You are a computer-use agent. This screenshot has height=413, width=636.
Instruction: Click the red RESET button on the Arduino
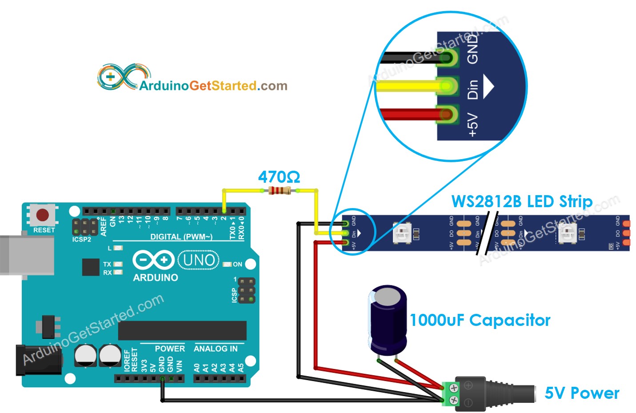tap(43, 215)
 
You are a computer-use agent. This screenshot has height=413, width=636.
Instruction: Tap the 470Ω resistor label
tap(279, 177)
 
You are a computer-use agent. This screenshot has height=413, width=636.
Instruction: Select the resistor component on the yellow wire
tap(280, 191)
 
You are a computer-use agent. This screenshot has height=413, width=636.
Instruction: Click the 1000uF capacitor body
tap(388, 320)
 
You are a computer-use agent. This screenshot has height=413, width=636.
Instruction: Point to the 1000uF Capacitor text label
tap(480, 320)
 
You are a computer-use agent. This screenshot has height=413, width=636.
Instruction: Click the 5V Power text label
tap(582, 393)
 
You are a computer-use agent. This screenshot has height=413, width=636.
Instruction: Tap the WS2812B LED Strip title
tap(522, 201)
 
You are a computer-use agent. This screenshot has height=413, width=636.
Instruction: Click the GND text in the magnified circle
tap(472, 49)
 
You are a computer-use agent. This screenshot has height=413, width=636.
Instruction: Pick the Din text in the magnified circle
tap(472, 89)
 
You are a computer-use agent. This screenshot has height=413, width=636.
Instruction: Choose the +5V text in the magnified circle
tap(472, 124)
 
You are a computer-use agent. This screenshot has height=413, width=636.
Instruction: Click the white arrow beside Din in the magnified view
tap(488, 86)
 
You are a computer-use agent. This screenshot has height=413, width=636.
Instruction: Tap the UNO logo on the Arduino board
tap(199, 260)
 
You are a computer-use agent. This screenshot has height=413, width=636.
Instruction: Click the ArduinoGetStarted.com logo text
tap(213, 85)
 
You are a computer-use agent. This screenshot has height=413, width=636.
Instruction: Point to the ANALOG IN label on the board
tap(216, 349)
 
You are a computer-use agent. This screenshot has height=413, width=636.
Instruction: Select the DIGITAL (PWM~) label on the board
tap(181, 237)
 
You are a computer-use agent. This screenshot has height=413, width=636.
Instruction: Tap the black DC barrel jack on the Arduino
tap(38, 360)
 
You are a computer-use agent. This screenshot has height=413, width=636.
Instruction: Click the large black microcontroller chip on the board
tap(182, 331)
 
